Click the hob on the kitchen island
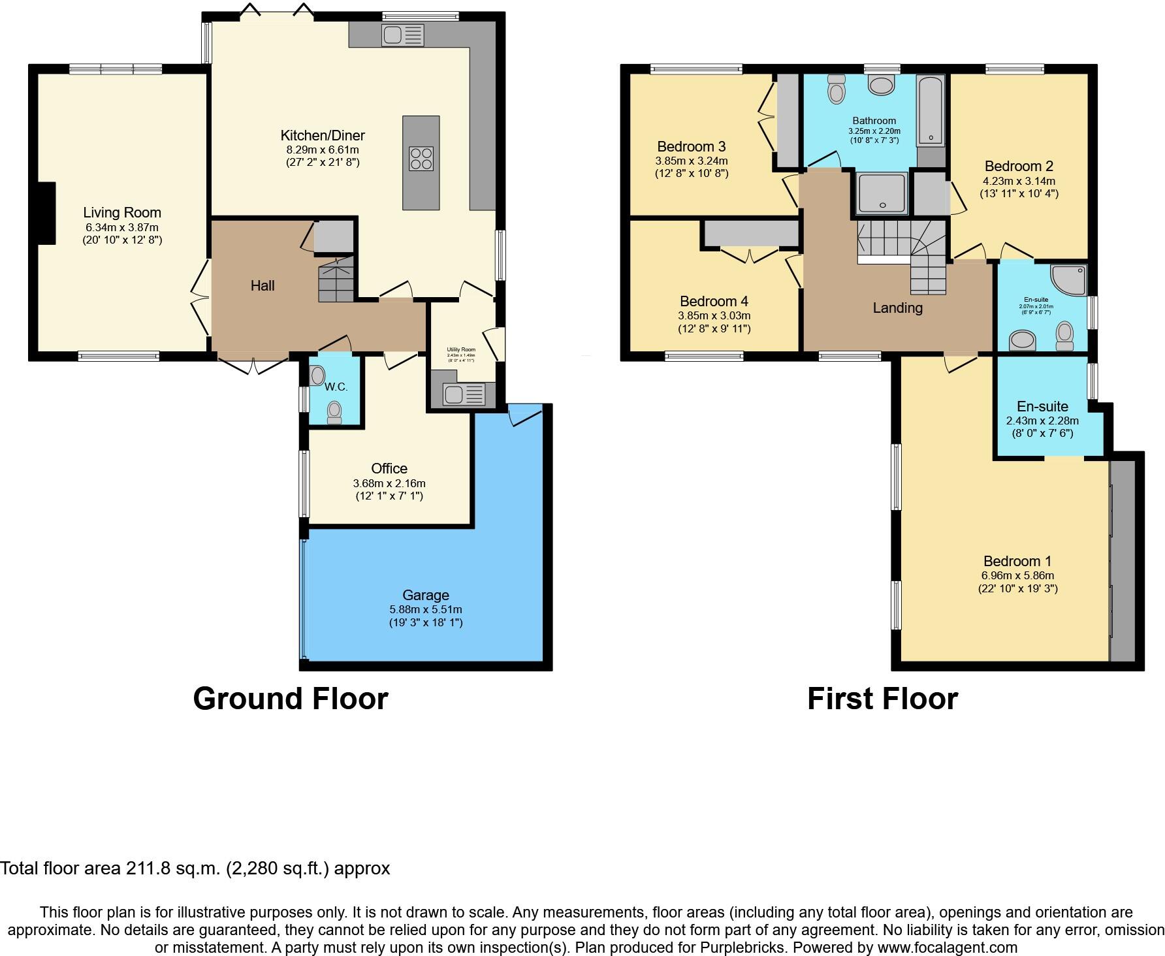[421, 158]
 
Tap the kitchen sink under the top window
[404, 35]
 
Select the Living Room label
[122, 212]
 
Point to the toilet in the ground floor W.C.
[334, 412]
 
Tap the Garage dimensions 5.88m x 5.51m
[426, 609]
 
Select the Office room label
[389, 468]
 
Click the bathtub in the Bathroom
[930, 110]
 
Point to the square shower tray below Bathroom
[882, 193]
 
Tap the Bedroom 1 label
[1017, 561]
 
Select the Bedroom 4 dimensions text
[714, 315]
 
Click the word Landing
[897, 308]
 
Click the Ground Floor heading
[291, 698]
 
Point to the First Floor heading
[882, 698]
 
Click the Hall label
[263, 285]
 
